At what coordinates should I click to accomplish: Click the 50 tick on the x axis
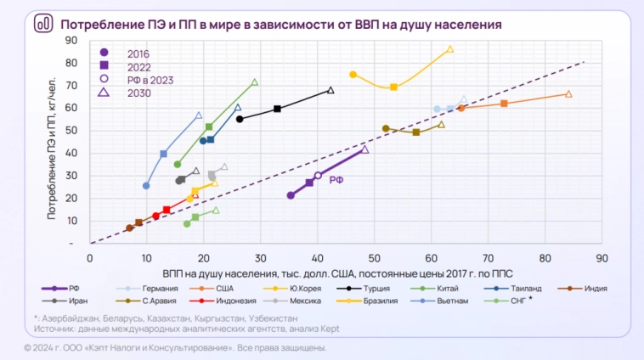374,256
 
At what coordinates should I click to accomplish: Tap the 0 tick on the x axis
90,256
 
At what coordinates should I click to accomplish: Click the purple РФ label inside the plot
336,180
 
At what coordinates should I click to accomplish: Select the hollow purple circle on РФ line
318,176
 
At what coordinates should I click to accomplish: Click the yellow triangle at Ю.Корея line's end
450,49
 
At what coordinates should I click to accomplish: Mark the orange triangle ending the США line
568,94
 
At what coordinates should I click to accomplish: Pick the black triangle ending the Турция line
330,90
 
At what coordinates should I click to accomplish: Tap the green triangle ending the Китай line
255,82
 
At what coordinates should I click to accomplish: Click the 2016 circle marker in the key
103,52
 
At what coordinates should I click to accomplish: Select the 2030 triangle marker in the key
103,93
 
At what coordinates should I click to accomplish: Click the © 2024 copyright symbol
27,348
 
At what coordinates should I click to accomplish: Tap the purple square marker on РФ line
309,183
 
